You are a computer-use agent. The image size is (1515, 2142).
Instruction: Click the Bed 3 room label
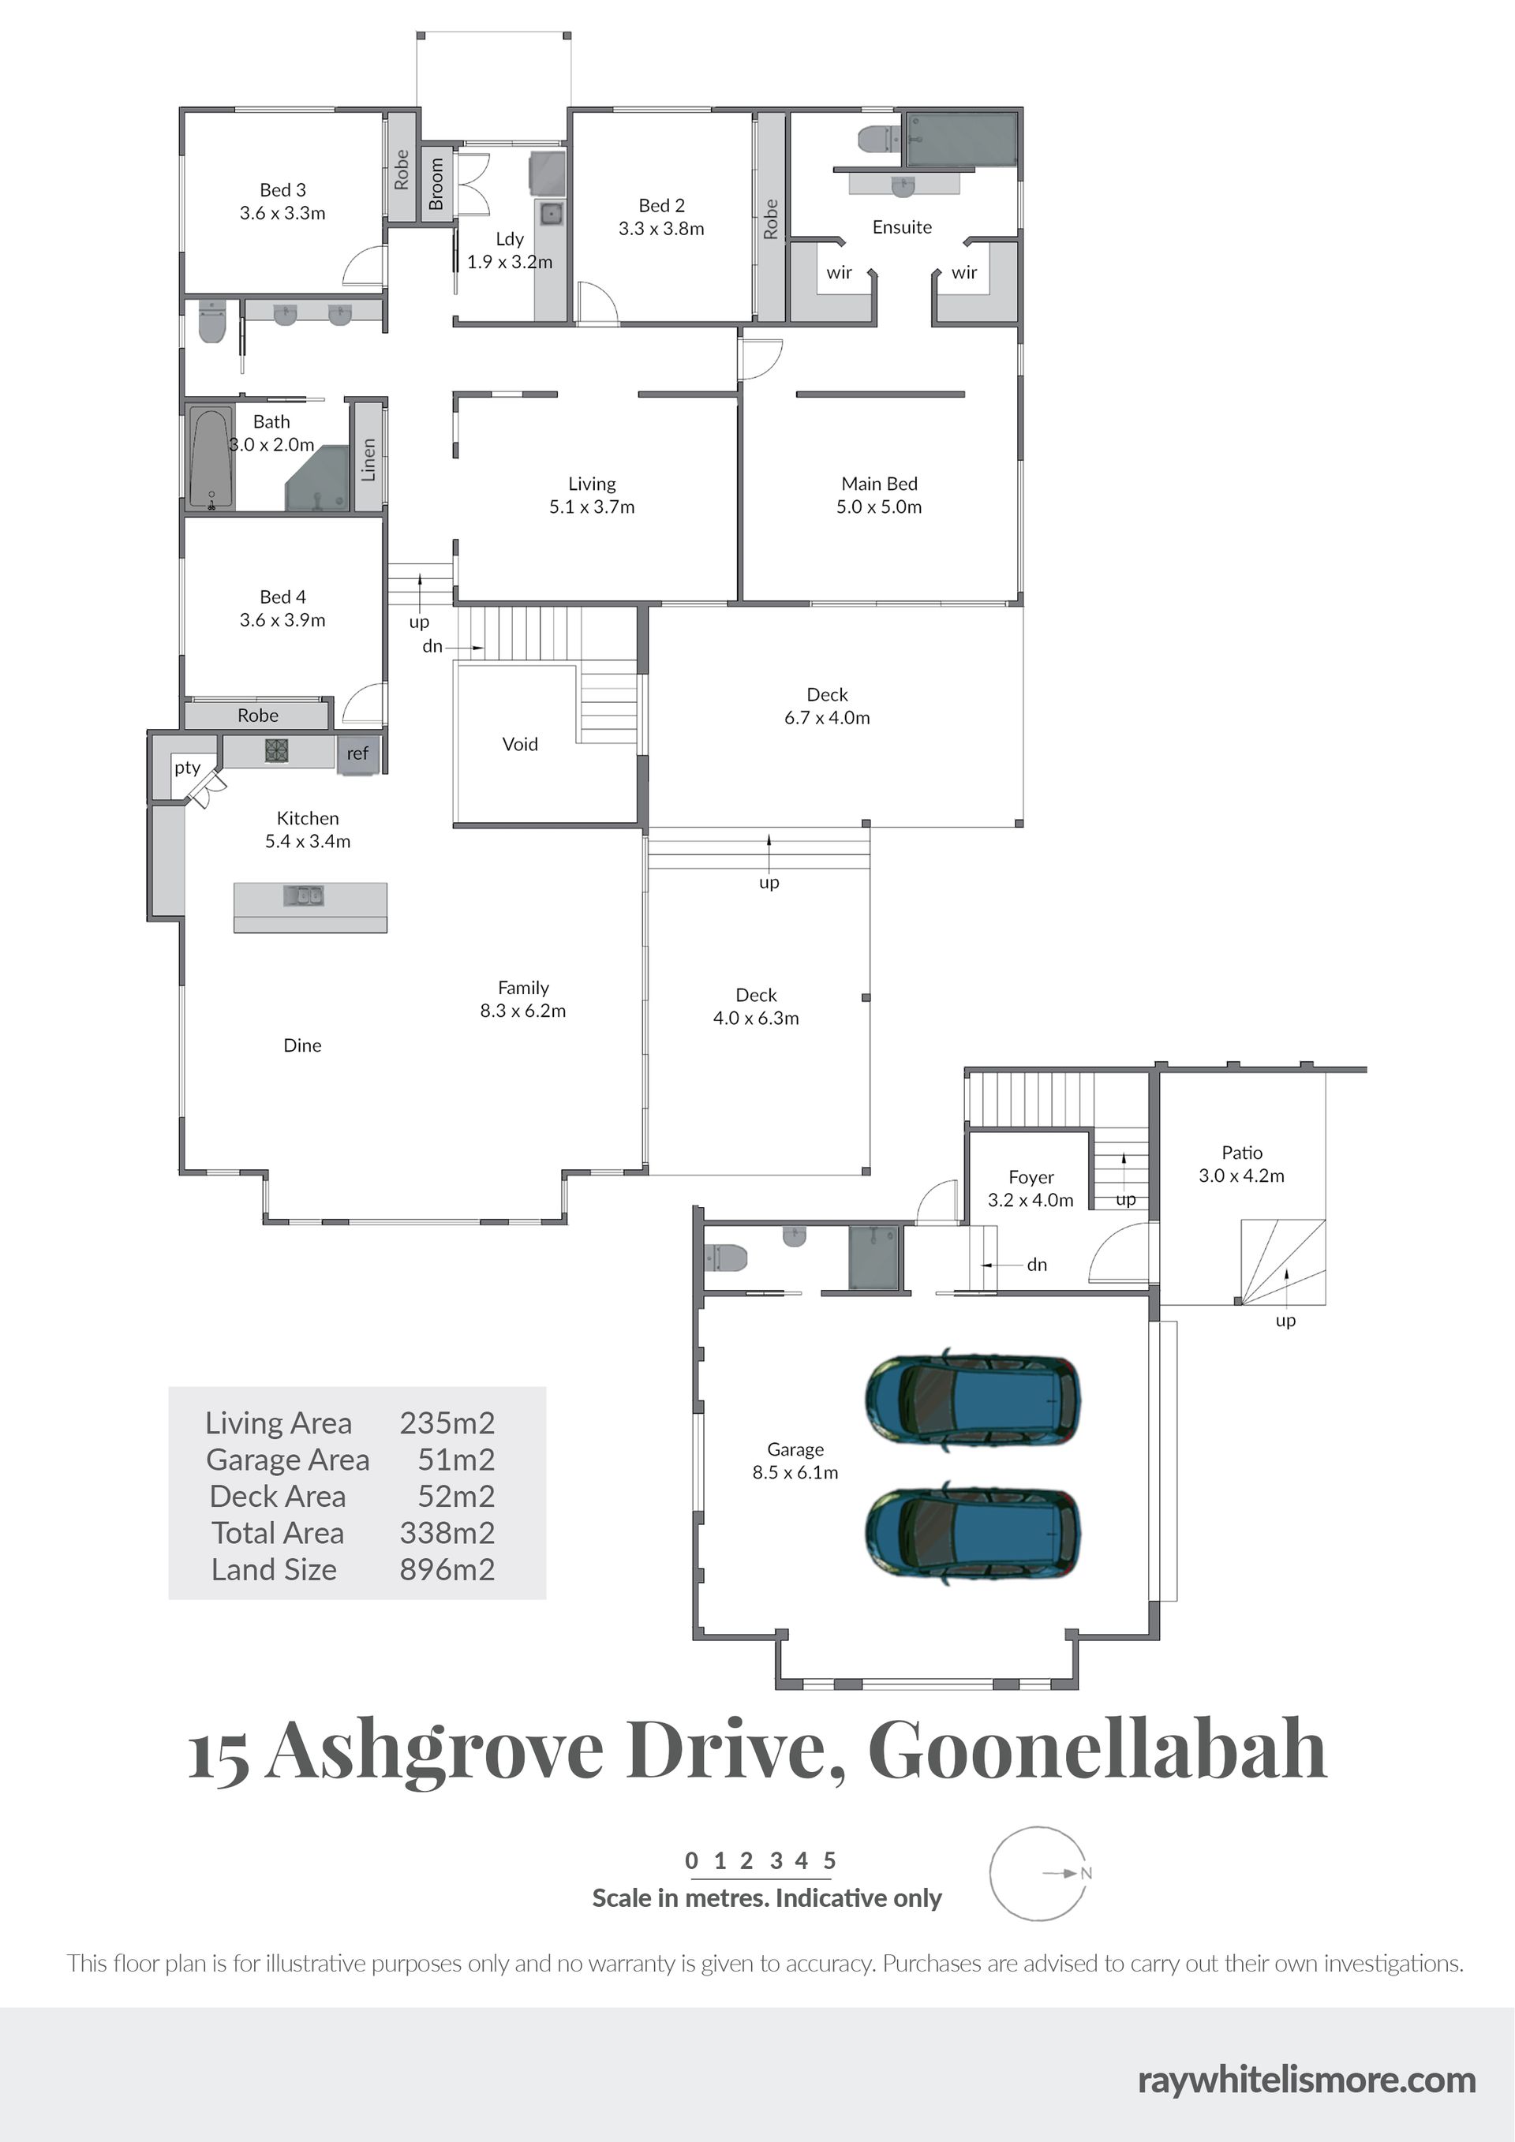(282, 190)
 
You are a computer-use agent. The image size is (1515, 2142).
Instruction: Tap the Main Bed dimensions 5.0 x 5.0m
(879, 507)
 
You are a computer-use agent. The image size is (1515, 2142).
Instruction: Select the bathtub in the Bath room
(211, 457)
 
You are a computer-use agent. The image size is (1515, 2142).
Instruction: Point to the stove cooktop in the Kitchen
(276, 750)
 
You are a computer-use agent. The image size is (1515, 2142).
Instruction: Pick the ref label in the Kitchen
(357, 753)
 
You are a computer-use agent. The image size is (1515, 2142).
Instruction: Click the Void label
(520, 743)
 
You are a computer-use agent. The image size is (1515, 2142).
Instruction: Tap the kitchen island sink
(303, 895)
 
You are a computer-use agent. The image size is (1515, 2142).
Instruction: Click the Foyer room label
(1031, 1177)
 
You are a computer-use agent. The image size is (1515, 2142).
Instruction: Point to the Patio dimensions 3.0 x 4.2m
(1242, 1176)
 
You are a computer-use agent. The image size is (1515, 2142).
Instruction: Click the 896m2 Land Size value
(447, 1569)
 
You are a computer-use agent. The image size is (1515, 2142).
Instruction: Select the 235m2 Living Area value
(447, 1422)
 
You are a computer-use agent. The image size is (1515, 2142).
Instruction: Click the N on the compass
(1086, 1873)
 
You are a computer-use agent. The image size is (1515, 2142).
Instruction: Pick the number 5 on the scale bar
(829, 1860)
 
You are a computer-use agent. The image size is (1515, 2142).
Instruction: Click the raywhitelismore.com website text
(1306, 2080)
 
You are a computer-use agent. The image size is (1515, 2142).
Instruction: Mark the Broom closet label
(436, 184)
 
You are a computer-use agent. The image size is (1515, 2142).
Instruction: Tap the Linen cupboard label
(368, 459)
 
